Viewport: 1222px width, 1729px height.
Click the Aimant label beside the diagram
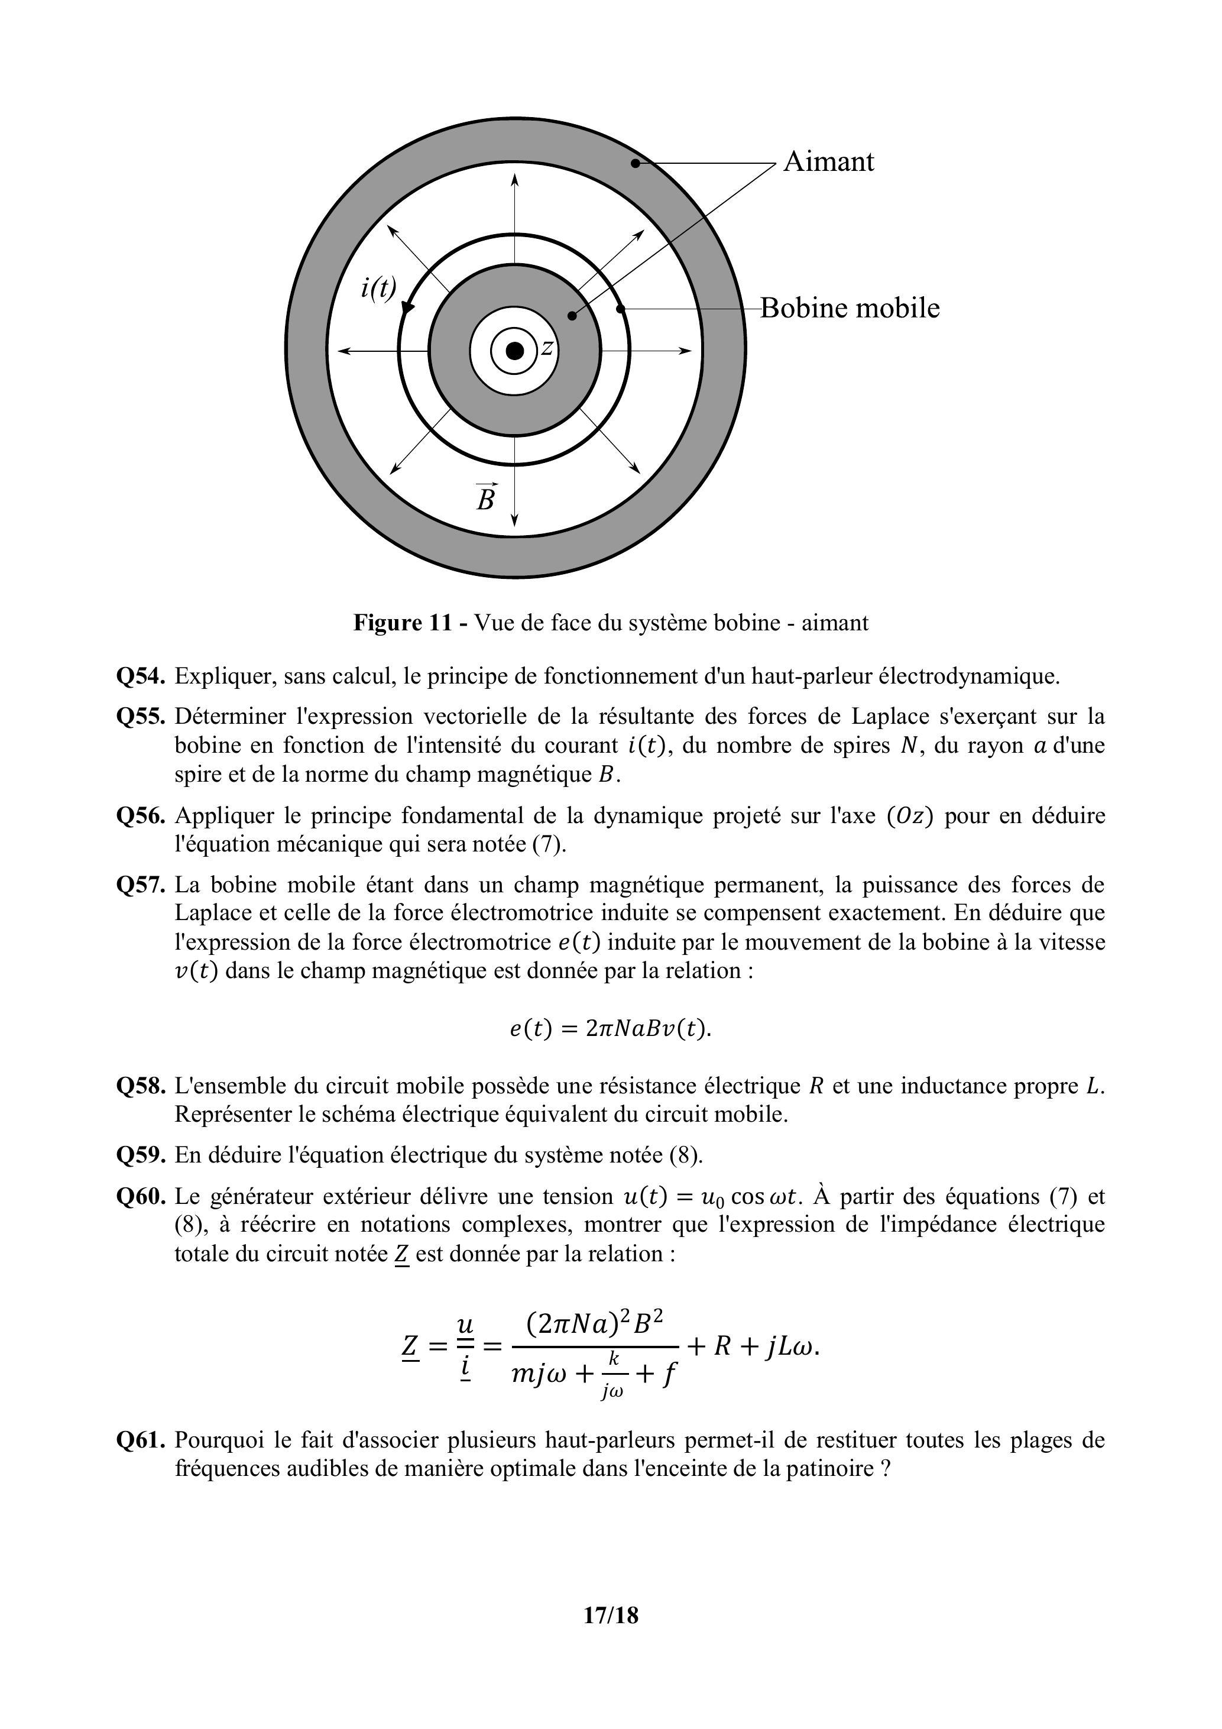(828, 161)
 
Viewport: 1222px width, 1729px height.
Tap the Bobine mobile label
(850, 308)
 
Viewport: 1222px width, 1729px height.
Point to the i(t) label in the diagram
(378, 287)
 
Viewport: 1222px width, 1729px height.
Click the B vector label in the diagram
(487, 497)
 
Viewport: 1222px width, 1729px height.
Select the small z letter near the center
(547, 348)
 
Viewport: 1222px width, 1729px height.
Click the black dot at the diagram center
(515, 351)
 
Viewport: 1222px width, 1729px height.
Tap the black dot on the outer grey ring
(635, 163)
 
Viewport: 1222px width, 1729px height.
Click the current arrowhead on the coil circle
(407, 306)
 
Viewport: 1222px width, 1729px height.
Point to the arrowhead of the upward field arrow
(515, 179)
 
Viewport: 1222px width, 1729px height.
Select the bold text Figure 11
(403, 623)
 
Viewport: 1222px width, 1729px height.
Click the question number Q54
(141, 676)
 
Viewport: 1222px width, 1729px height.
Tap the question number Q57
(141, 884)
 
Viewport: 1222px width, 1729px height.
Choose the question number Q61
(141, 1440)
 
